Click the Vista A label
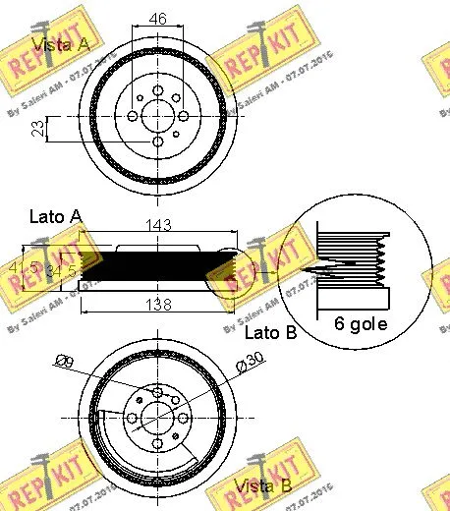(x=62, y=44)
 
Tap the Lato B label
(x=269, y=334)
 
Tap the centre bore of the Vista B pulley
(x=157, y=419)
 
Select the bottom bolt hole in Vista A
(x=157, y=143)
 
